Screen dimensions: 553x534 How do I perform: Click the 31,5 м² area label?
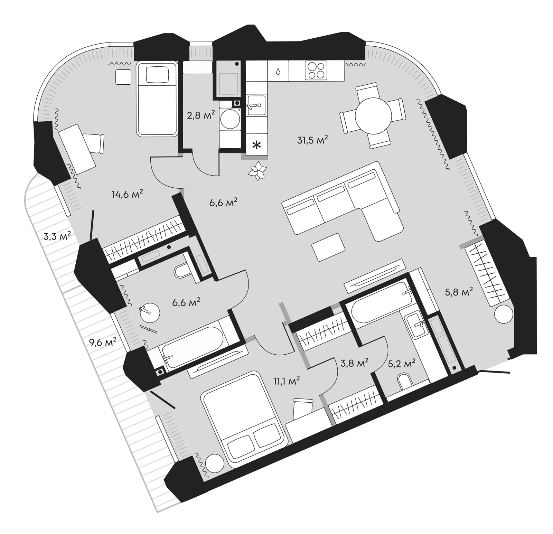pos(312,140)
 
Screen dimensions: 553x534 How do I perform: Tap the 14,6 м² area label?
pos(127,194)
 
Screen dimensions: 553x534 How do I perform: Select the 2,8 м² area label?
pos(201,115)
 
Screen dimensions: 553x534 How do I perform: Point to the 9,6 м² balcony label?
pos(103,342)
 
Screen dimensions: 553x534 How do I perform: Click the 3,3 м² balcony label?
pos(57,236)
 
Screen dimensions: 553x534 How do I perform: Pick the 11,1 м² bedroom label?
pos(286,381)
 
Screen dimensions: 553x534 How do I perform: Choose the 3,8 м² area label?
pos(354,363)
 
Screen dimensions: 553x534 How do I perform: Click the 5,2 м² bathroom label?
pos(401,364)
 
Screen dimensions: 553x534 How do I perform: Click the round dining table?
pos(373,116)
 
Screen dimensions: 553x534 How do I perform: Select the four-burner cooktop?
pos(316,71)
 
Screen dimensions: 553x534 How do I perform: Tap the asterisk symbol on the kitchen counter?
pos(256,146)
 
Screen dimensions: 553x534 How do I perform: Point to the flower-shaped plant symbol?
pos(257,171)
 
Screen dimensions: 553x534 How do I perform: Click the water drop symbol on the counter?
pos(278,71)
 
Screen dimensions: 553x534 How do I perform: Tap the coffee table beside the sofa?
pos(328,247)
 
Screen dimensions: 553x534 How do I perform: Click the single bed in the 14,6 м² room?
pos(158,99)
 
